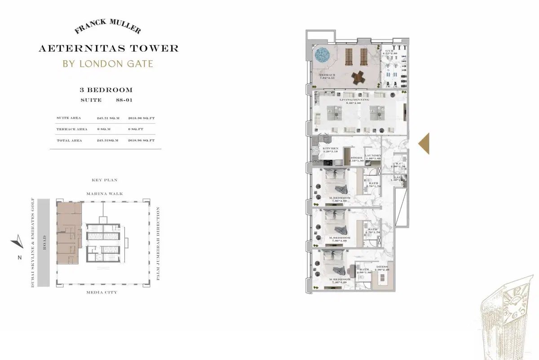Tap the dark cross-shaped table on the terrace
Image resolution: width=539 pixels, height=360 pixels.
coord(358,77)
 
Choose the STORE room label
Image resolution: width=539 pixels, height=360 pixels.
coord(357,158)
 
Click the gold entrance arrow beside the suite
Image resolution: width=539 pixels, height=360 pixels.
coord(424,144)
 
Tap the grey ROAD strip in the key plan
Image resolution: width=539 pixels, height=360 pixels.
coord(44,243)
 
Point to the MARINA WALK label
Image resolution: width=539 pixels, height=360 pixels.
coord(104,194)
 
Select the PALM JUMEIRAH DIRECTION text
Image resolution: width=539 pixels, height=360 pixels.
coord(158,244)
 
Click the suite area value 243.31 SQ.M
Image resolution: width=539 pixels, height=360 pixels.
coord(106,118)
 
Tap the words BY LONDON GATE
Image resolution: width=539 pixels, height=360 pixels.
coord(108,63)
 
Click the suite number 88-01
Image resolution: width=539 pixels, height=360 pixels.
coord(123,100)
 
